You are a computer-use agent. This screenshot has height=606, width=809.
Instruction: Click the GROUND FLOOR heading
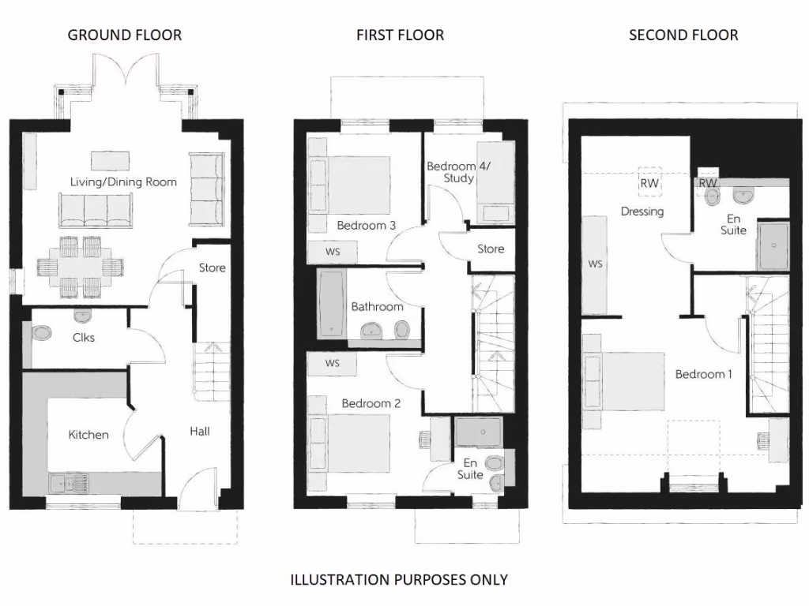pyautogui.click(x=124, y=35)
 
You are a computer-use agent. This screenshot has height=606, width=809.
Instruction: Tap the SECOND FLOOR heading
pyautogui.click(x=683, y=35)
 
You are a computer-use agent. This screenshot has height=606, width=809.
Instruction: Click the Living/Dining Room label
pyautogui.click(x=123, y=182)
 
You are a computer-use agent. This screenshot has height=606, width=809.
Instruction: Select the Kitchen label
pyautogui.click(x=88, y=435)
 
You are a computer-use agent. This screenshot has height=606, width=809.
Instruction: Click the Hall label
pyautogui.click(x=200, y=431)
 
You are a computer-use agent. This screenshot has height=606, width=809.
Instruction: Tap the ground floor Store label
pyautogui.click(x=212, y=267)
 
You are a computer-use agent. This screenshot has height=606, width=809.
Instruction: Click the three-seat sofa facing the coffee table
pyautogui.click(x=95, y=211)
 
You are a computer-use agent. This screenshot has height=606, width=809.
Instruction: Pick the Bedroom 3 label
pyautogui.click(x=366, y=226)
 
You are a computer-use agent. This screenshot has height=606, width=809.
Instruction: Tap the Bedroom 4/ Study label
pyautogui.click(x=451, y=172)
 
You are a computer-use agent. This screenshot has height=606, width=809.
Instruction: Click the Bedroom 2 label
pyautogui.click(x=371, y=403)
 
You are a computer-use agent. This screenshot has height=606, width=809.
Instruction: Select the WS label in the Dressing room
pyautogui.click(x=596, y=264)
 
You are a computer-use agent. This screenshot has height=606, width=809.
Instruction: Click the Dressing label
pyautogui.click(x=642, y=211)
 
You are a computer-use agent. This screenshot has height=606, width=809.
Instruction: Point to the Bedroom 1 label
pyautogui.click(x=703, y=374)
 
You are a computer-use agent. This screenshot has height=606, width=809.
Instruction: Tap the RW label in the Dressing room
pyautogui.click(x=649, y=183)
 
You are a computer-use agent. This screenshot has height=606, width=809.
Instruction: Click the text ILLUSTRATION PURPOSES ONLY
pyautogui.click(x=399, y=580)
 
